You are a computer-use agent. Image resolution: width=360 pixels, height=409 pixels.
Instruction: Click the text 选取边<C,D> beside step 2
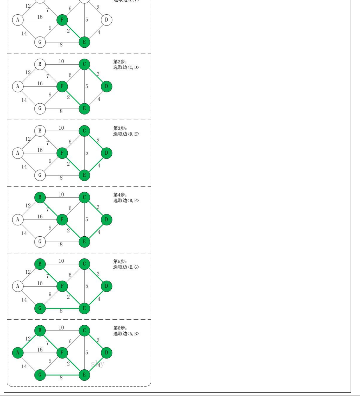point(126,67)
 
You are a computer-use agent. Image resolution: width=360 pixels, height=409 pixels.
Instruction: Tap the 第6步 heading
point(120,328)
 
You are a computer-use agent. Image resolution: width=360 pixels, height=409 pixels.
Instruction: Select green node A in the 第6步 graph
point(18,353)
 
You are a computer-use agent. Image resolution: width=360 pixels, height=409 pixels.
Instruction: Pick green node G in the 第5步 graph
point(40,309)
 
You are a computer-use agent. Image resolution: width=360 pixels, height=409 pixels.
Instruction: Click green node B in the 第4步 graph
point(40,197)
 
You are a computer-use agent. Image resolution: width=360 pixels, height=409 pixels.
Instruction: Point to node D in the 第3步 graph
point(106,153)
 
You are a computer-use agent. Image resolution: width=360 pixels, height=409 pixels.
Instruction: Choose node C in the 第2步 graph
point(84,64)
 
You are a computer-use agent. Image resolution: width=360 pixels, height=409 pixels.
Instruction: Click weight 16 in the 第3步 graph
point(40,150)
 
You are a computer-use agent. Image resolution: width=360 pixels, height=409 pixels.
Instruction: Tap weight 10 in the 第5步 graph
point(61,261)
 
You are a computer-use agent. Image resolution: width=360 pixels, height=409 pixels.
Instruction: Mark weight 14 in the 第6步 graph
point(24,366)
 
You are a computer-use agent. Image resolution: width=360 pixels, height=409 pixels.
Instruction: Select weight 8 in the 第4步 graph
point(61,245)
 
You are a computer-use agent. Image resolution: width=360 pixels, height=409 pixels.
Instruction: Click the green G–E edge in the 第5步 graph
point(62,309)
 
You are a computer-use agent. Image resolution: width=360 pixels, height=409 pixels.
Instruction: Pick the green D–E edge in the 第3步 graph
point(95,164)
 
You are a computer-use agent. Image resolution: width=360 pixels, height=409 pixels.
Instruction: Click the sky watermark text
point(97,364)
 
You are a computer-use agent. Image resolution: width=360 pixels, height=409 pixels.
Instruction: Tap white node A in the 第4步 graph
point(18,220)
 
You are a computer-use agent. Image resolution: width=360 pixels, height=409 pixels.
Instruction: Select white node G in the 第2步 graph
point(40,109)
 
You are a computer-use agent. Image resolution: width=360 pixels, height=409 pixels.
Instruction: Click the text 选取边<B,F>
point(126,200)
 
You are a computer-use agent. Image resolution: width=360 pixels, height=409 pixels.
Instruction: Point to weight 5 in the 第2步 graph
point(87,86)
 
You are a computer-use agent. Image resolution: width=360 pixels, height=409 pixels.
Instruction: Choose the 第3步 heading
point(120,128)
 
